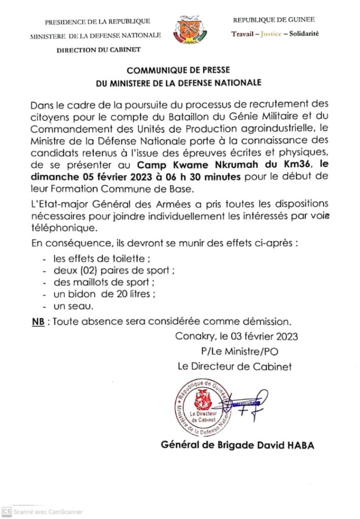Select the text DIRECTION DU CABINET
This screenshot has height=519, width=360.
pyautogui.click(x=98, y=50)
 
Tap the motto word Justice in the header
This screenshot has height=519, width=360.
pyautogui.click(x=269, y=34)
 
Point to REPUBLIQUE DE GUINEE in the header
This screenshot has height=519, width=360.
pyautogui.click(x=273, y=20)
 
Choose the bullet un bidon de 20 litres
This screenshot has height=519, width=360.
pyautogui.click(x=97, y=294)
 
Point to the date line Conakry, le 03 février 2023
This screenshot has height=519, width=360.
pyautogui.click(x=236, y=336)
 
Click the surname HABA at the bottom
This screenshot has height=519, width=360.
pyautogui.click(x=300, y=445)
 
